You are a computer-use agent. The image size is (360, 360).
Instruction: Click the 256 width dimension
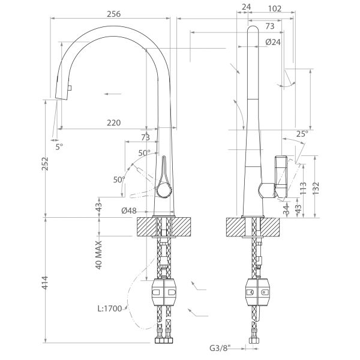pyautogui.click(x=113, y=14)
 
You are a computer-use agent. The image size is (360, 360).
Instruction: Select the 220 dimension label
pyautogui.click(x=113, y=123)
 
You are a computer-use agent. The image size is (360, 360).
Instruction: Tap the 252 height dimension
pyautogui.click(x=45, y=164)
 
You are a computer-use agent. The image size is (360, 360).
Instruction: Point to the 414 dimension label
pyautogui.click(x=45, y=283)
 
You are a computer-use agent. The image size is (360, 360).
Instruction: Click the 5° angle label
pyautogui.click(x=59, y=147)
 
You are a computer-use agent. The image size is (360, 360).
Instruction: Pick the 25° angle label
pyautogui.click(x=302, y=134)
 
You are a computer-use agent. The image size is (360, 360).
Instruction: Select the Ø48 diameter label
pyautogui.click(x=129, y=211)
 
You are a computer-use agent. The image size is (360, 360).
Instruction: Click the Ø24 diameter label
pyautogui.click(x=273, y=42)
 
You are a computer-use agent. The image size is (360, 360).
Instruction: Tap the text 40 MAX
pyautogui.click(x=98, y=255)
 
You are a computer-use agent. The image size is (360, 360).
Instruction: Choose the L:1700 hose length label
pyautogui.click(x=110, y=308)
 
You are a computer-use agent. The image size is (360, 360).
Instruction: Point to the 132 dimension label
pyautogui.click(x=316, y=188)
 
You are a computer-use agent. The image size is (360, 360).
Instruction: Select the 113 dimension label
pyautogui.click(x=303, y=188)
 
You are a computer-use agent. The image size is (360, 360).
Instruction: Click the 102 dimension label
pyautogui.click(x=275, y=8)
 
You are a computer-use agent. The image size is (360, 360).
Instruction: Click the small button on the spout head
pyautogui.click(x=70, y=88)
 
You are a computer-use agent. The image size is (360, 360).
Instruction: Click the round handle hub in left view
pyautogui.click(x=164, y=191)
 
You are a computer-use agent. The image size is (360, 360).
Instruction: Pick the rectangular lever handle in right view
pyautogui.click(x=281, y=176)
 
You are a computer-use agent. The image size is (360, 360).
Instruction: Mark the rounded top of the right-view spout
pyautogui.click(x=253, y=28)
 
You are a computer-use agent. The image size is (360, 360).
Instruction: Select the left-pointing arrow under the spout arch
pyautogui.click(x=113, y=94)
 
